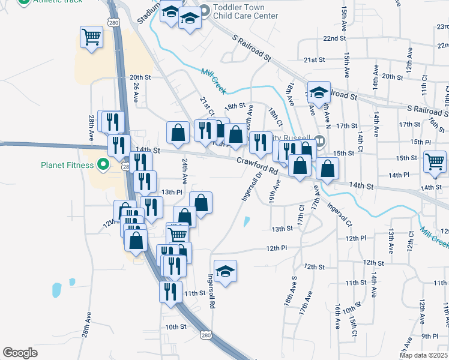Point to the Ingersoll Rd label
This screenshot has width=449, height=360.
(211, 292)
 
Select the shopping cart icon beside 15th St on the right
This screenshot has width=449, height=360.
(434, 161)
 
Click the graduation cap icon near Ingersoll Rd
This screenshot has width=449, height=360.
(225, 271)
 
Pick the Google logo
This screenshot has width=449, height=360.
(20, 353)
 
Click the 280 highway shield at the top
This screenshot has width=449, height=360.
(113, 22)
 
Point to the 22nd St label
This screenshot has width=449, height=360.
(334, 38)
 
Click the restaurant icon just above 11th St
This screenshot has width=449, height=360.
(170, 291)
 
